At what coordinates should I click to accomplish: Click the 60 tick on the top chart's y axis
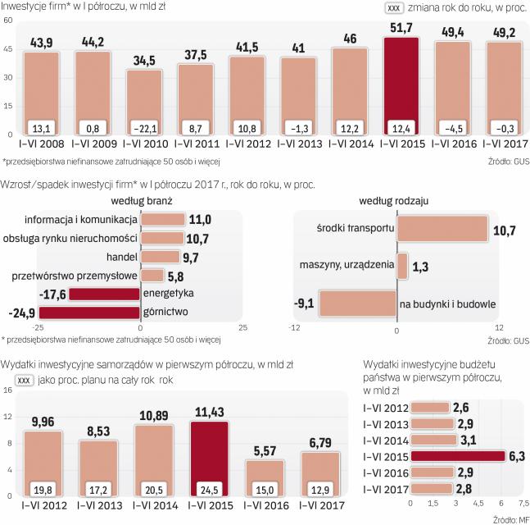point(8,21)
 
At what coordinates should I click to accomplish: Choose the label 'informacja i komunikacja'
point(81,219)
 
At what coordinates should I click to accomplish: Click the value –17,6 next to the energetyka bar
point(51,293)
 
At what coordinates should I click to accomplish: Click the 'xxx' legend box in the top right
point(393,8)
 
